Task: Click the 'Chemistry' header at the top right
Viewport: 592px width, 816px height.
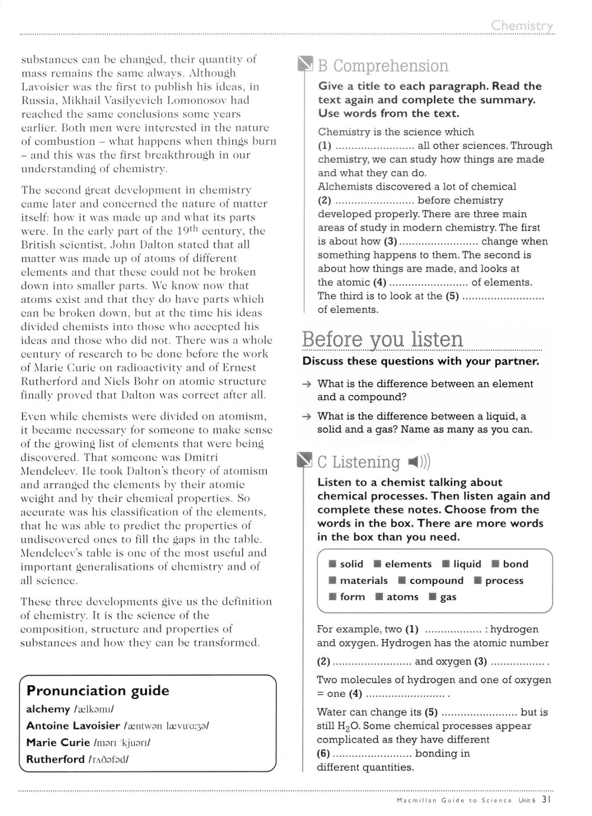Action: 522,25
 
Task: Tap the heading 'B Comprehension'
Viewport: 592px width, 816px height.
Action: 383,66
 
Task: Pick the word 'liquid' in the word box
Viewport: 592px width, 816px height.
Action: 467,564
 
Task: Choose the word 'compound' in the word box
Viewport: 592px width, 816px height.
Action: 436,580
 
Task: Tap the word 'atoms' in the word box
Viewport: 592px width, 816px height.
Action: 402,597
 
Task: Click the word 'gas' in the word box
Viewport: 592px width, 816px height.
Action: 448,597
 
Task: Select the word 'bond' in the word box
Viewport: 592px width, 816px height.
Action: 515,564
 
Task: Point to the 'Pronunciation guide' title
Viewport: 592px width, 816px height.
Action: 98,691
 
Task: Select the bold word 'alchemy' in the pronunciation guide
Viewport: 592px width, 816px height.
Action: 48,709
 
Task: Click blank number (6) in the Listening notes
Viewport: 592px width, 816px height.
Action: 372,754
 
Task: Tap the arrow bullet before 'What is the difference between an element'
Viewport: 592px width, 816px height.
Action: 306,384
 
